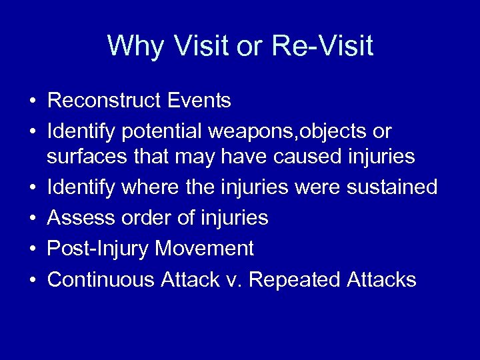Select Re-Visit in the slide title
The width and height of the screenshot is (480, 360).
point(322,46)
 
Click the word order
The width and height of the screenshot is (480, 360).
point(141,217)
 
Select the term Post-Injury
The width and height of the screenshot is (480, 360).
point(98,249)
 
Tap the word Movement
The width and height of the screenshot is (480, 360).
point(205,249)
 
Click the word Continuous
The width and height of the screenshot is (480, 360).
point(101,279)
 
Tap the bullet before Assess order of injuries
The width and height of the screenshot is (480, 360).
point(32,219)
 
